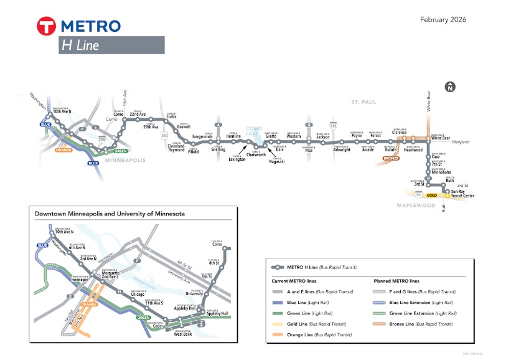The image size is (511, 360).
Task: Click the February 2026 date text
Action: click(443, 20)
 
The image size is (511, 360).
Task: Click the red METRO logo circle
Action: click(47, 26)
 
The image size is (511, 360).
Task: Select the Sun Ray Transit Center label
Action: click(462, 194)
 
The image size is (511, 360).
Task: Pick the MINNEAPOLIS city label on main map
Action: click(124, 160)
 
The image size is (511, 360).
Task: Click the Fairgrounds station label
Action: click(202, 136)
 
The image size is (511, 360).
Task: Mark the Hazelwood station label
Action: click(413, 150)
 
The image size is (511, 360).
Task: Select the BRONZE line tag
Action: click(391, 159)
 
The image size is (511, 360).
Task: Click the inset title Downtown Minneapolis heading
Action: click(110, 214)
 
